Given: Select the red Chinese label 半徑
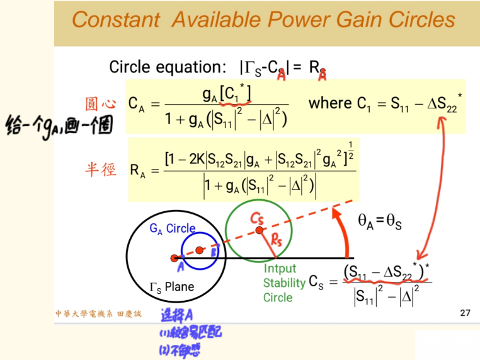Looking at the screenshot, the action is [101, 169].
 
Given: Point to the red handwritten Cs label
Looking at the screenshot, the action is [257, 218].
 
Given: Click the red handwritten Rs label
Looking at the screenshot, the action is [276, 241].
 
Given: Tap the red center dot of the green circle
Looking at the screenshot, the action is [258, 231].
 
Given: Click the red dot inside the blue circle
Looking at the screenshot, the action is [199, 250].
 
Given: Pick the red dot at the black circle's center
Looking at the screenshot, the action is [174, 258].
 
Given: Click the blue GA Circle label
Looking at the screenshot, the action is [173, 229].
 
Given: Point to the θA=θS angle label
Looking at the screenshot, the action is [380, 220].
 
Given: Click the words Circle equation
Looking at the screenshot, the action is [164, 67].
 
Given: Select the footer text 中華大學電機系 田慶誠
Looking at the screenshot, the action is [98, 313].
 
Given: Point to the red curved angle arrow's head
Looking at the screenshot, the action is [335, 213].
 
